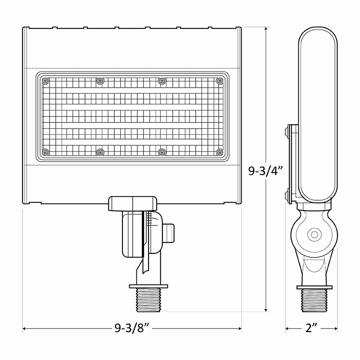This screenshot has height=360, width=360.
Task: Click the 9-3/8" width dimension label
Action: [132, 329]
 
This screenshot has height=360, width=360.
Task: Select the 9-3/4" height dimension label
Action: [266, 171]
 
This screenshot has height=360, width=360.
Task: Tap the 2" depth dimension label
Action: [311, 329]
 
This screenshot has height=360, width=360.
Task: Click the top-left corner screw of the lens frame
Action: [45, 81]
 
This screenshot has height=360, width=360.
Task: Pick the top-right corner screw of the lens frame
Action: [219, 81]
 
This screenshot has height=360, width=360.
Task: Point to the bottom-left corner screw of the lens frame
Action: [45, 153]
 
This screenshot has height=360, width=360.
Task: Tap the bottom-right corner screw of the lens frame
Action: [219, 153]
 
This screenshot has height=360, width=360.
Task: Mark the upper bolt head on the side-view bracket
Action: [287, 131]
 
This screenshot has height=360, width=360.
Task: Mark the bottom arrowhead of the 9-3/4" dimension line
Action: [267, 310]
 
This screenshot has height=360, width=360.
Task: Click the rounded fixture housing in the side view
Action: [317, 112]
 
